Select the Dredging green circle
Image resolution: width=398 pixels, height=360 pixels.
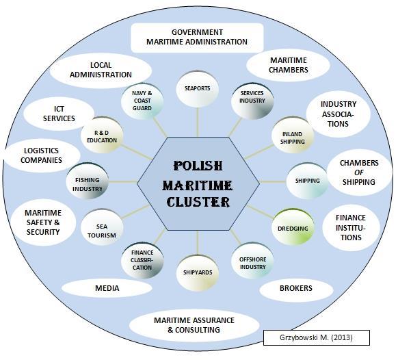coord(293,227)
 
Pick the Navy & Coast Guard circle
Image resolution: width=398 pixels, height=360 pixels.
coord(142,101)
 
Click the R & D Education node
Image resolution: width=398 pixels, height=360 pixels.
coord(102,135)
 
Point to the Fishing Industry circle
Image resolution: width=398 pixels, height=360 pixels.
coord(88,181)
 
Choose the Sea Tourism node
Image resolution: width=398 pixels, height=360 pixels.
coord(102,227)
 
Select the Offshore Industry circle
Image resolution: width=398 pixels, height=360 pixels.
coord(252,261)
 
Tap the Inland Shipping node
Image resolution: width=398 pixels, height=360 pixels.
coord(293,135)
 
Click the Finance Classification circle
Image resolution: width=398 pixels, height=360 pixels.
coord(142,261)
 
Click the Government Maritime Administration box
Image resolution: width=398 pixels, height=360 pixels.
coord(197,38)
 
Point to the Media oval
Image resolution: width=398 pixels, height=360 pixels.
coord(107,288)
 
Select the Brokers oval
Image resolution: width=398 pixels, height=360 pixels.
coord(296,289)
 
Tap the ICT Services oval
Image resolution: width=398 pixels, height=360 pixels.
coord(59,114)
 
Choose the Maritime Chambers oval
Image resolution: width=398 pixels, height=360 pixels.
coord(289,65)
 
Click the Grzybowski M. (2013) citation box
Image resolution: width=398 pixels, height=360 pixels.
coord(316,337)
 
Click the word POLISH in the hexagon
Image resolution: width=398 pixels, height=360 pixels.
coord(198,166)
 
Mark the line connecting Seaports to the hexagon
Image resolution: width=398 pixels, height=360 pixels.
coord(198,123)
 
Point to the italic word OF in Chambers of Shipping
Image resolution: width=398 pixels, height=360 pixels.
coord(359,172)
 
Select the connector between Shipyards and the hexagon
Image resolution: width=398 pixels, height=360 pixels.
coord(198,243)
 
